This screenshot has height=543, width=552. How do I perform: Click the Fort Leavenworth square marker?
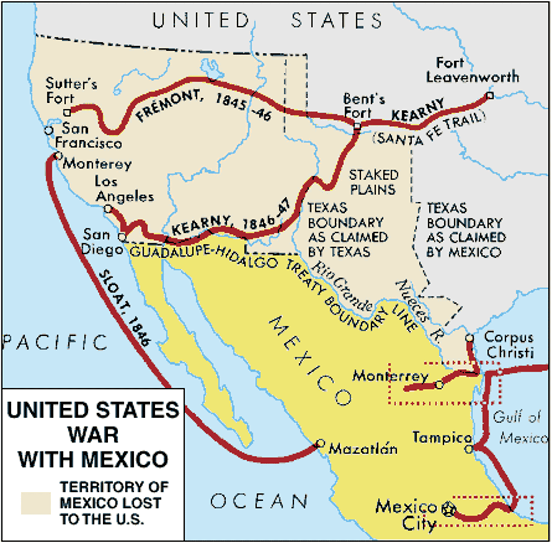pyautogui.click(x=490, y=95)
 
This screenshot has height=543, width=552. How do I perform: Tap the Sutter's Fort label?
pyautogui.click(x=71, y=90)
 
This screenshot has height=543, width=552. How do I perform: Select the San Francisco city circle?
pyautogui.click(x=48, y=130)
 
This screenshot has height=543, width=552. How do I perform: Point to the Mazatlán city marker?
pyautogui.click(x=321, y=443)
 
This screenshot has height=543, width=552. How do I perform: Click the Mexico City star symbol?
pyautogui.click(x=448, y=509)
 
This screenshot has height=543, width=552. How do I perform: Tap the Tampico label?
pyautogui.click(x=442, y=438)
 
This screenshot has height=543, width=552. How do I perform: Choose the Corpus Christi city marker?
pyautogui.click(x=470, y=338)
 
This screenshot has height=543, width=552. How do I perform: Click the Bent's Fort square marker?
pyautogui.click(x=357, y=126)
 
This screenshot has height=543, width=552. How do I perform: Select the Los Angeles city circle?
pyautogui.click(x=108, y=209)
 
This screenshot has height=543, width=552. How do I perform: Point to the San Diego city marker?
pyautogui.click(x=122, y=237)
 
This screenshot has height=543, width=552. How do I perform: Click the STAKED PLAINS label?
pyautogui.click(x=373, y=182)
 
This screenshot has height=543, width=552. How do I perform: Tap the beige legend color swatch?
pyautogui.click(x=36, y=503)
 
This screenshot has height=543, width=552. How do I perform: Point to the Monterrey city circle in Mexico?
pyautogui.click(x=439, y=385)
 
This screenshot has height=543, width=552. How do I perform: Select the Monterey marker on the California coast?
pyautogui.click(x=58, y=156)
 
